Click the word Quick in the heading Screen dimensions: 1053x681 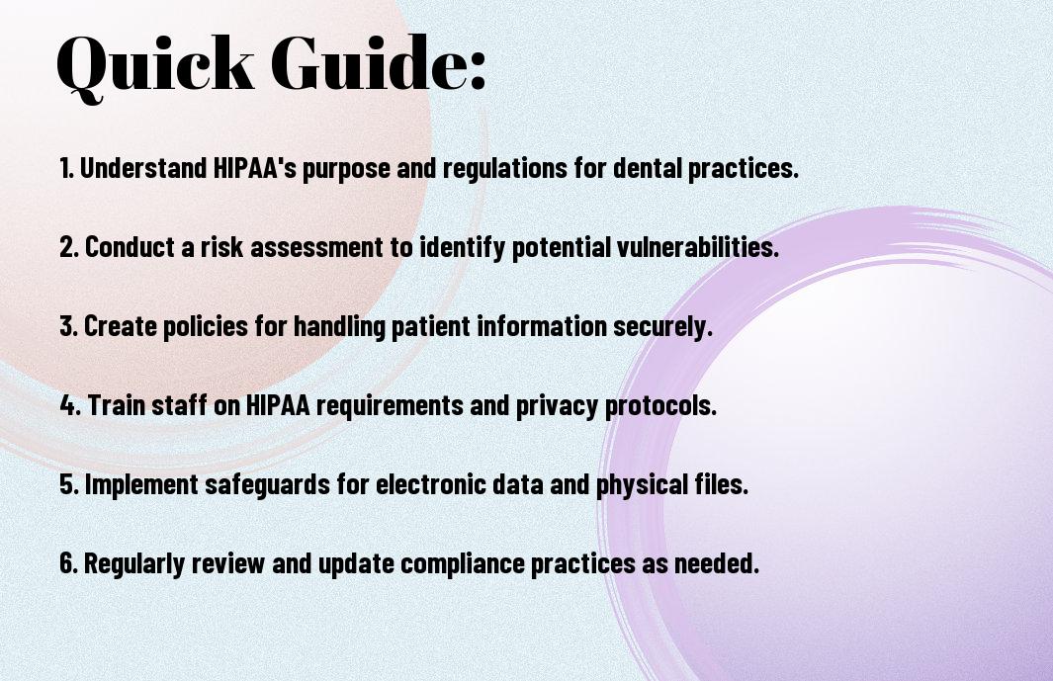pos(155,65)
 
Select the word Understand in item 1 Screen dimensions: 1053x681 pos(143,168)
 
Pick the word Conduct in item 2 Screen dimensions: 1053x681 pos(130,247)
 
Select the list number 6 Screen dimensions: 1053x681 pos(68,562)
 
